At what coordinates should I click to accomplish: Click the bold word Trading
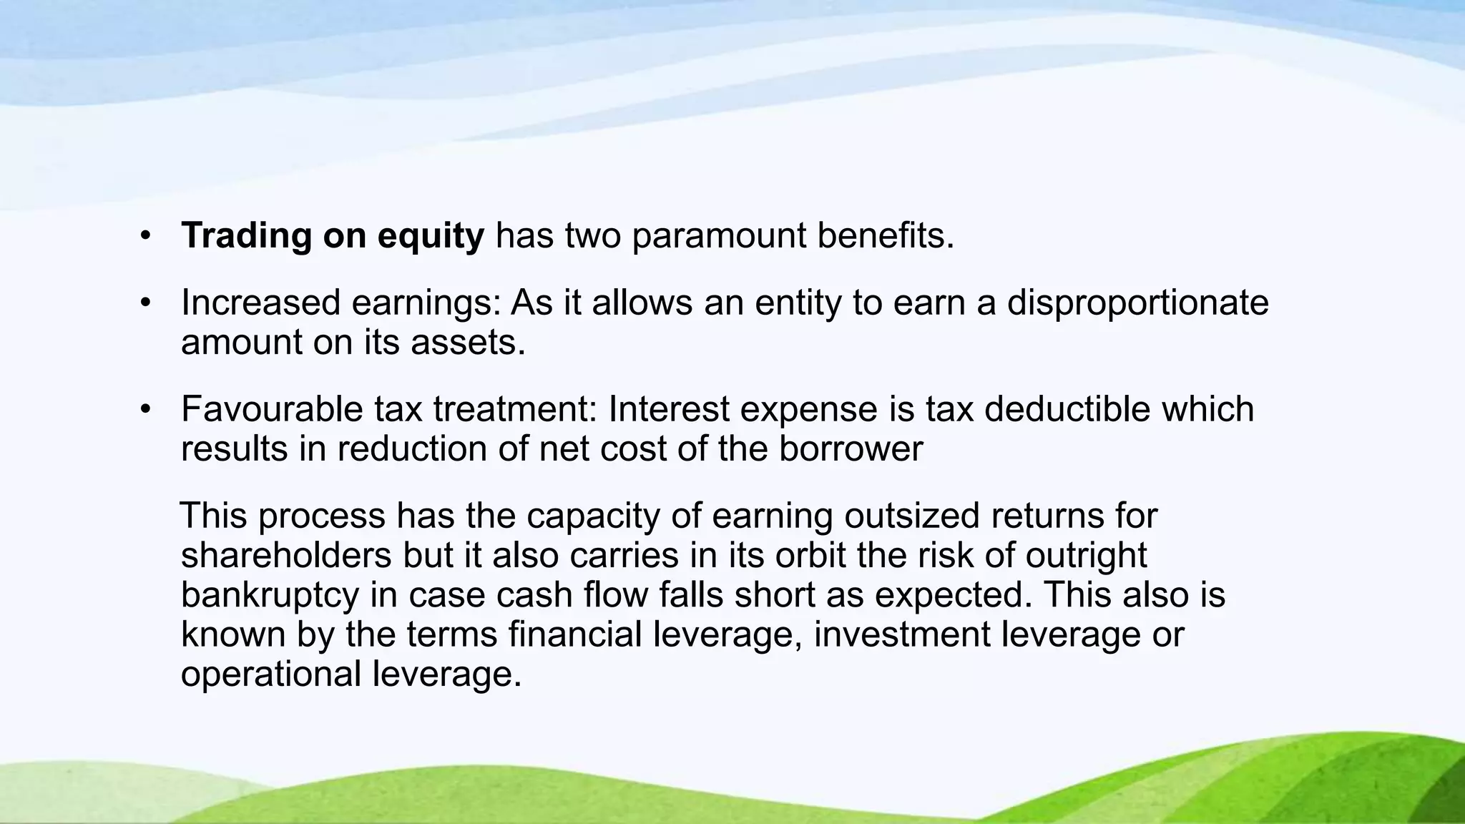point(246,236)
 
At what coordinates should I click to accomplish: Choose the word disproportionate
point(1137,303)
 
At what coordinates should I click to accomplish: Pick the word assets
point(468,343)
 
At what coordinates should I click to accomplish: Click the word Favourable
point(272,410)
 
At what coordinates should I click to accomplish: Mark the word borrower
point(851,449)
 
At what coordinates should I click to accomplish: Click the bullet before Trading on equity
point(146,237)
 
